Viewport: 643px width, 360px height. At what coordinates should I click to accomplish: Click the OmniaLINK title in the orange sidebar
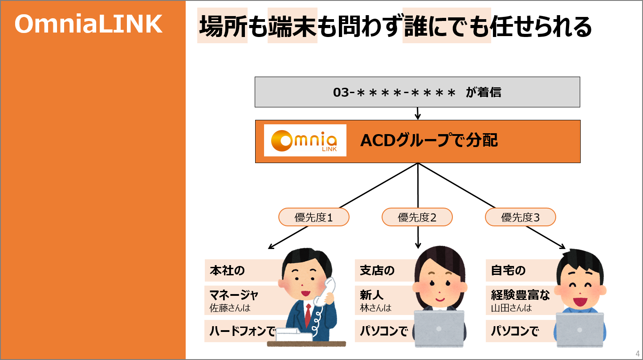[89, 24]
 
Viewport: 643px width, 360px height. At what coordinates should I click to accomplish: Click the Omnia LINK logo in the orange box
[305, 140]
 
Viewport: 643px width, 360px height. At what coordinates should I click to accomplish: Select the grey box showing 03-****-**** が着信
[417, 92]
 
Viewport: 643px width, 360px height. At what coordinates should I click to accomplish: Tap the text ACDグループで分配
[429, 140]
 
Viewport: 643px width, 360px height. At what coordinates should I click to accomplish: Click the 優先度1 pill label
[314, 217]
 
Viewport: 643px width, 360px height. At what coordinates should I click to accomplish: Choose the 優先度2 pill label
[417, 217]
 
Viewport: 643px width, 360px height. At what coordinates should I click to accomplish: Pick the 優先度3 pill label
[521, 217]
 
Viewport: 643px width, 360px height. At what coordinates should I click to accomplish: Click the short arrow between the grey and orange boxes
[418, 114]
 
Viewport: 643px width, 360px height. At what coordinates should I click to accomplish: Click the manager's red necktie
[308, 315]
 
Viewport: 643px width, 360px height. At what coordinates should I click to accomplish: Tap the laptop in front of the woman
[439, 328]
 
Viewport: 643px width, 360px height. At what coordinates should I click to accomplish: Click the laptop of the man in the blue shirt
[580, 329]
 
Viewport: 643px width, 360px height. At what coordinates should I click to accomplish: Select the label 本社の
[227, 270]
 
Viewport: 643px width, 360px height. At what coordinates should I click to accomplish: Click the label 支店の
[377, 270]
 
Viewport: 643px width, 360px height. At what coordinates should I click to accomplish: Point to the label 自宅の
[508, 270]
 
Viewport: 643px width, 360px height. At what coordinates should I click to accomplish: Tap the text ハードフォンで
[243, 331]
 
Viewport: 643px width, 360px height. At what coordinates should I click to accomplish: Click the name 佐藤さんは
[230, 308]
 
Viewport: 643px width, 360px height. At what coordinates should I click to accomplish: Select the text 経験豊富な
[520, 295]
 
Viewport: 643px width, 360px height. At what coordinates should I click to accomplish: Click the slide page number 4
[638, 354]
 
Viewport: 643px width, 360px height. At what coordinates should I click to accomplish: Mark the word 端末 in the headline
[292, 26]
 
